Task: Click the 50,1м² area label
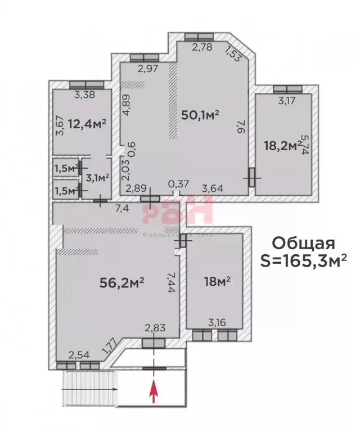tap(200, 115)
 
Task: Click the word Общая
tap(303, 243)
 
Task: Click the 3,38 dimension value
tap(84, 94)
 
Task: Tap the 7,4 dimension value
tap(122, 209)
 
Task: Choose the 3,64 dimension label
tap(212, 188)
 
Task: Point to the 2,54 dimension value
tap(79, 354)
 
